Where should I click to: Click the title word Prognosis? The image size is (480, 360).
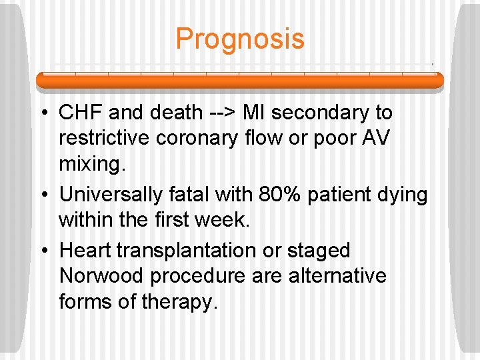(240, 39)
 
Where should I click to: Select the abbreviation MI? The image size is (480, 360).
(254, 113)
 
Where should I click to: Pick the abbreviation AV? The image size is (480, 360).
(379, 139)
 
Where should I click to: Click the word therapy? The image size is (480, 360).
(179, 301)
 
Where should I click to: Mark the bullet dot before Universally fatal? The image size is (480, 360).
(43, 195)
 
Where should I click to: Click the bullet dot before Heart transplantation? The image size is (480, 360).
(43, 250)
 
